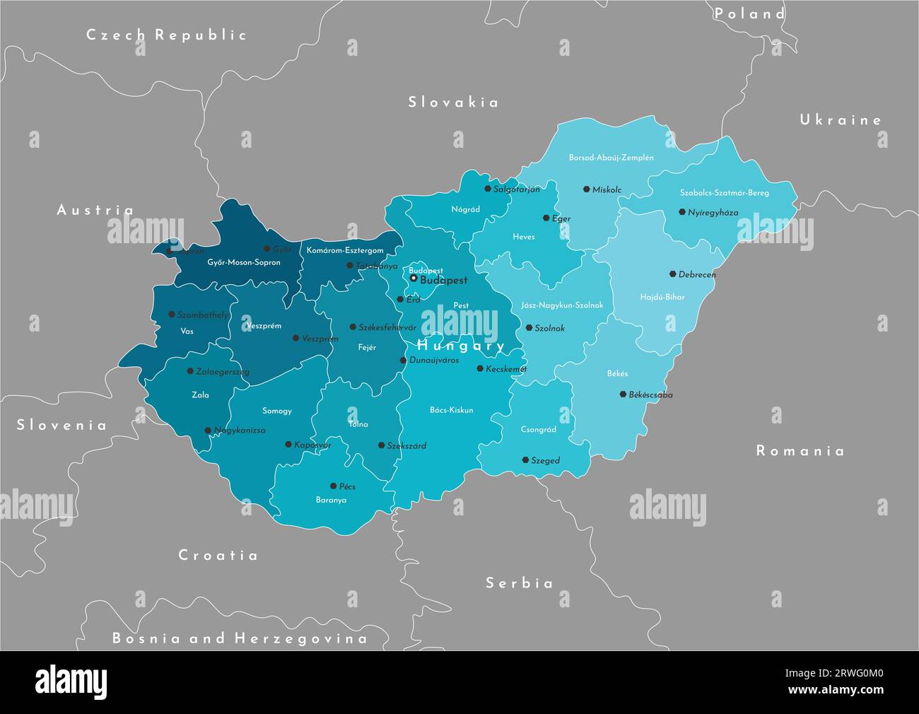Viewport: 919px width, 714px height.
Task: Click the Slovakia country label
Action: (453, 103)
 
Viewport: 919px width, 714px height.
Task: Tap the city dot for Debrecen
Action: (672, 274)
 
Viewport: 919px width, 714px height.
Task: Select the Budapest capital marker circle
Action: (414, 279)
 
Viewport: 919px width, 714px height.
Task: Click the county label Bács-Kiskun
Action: (451, 410)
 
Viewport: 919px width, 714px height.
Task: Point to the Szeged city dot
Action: (525, 460)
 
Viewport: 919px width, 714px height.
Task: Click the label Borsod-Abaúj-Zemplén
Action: (611, 158)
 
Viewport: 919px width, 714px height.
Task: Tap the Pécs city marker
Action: (333, 486)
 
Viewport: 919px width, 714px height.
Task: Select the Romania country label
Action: (800, 451)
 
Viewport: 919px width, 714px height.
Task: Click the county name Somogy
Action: (276, 411)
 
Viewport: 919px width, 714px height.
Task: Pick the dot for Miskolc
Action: (586, 189)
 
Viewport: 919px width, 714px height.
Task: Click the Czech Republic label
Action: (166, 35)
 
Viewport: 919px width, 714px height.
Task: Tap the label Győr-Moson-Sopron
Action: (243, 262)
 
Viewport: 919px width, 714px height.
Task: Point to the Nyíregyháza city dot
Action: (682, 211)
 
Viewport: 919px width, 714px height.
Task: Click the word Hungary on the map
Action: (461, 346)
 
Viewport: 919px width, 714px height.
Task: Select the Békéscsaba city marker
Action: (623, 394)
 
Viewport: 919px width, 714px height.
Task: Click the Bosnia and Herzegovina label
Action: (240, 638)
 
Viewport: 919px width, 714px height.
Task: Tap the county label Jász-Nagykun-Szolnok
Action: (562, 305)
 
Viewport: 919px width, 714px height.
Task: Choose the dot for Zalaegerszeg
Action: (190, 370)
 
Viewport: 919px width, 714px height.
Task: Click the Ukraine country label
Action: (841, 120)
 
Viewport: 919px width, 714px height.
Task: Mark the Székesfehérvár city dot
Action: (353, 327)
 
